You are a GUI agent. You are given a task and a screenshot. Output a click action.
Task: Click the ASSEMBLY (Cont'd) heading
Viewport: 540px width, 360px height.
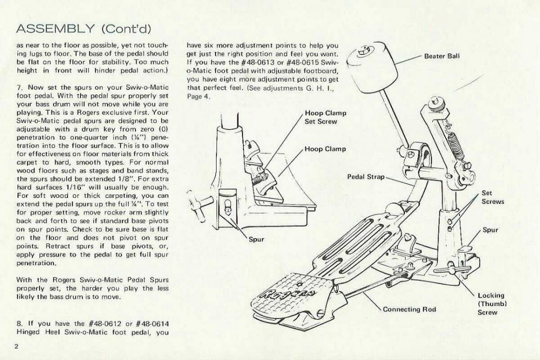84,28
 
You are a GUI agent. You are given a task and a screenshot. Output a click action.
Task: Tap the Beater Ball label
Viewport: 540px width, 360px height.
442,56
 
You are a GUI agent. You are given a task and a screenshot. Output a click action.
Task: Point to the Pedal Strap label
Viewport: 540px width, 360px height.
366,176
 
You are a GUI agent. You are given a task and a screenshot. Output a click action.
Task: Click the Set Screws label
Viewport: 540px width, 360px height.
492,197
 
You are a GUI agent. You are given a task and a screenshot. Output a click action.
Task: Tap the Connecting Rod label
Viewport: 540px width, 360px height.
409,309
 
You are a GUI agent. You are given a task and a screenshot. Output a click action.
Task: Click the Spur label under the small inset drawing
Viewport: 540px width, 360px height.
255,239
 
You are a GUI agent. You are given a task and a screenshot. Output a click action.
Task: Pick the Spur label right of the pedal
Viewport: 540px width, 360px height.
490,230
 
